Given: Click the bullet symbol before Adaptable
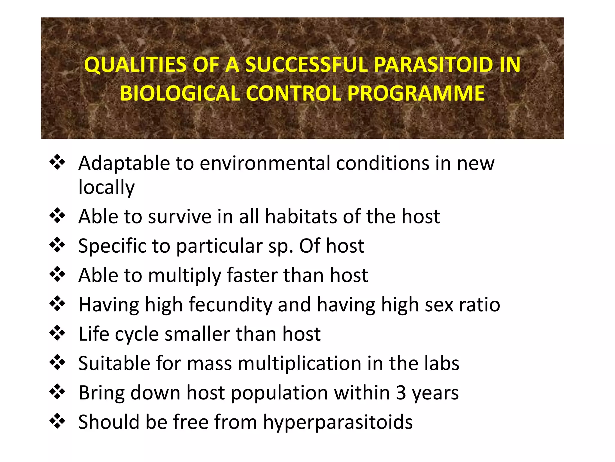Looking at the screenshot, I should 57,163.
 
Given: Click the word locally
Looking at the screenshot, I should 106,187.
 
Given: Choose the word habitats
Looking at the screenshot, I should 301,217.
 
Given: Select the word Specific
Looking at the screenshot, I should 112,246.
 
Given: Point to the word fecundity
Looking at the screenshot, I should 230,305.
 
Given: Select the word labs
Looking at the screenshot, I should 442,363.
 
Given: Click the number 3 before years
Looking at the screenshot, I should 401,393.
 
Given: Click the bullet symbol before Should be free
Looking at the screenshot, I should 57,421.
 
